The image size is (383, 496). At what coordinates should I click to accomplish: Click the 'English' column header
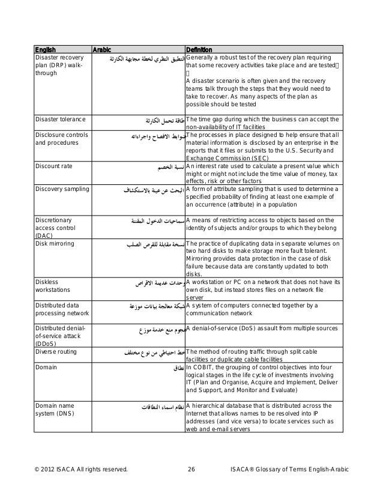pyautogui.click(x=44, y=49)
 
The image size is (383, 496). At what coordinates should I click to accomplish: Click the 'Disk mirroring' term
pyautogui.click(x=55, y=244)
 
